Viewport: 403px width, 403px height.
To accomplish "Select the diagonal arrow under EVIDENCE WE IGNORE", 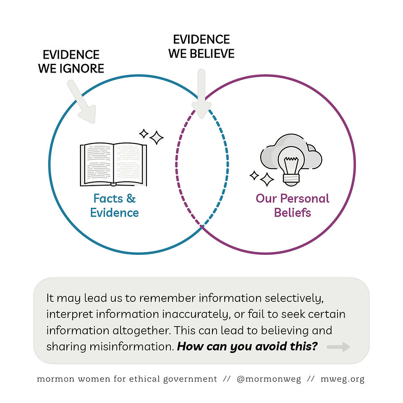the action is coord(82,102).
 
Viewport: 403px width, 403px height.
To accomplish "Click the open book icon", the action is coord(113,165).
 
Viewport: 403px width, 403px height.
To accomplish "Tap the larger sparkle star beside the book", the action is coord(157,138).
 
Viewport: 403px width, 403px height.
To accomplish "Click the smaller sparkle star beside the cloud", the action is coord(254,176).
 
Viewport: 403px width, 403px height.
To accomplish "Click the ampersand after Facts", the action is coord(131,199).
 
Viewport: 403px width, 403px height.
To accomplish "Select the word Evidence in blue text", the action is coord(114,213).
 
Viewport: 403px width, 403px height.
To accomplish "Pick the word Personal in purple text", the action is coord(305,199).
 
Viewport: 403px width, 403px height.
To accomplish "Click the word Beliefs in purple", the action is coord(293,213).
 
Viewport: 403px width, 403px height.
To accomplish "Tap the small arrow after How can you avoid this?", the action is coord(338,347).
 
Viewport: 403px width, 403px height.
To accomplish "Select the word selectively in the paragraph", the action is coord(294,298).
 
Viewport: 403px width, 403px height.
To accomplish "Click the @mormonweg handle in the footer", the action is coord(269,379).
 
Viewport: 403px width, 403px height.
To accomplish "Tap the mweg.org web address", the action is coord(343,379).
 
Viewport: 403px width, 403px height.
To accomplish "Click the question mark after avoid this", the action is coord(315,346).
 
